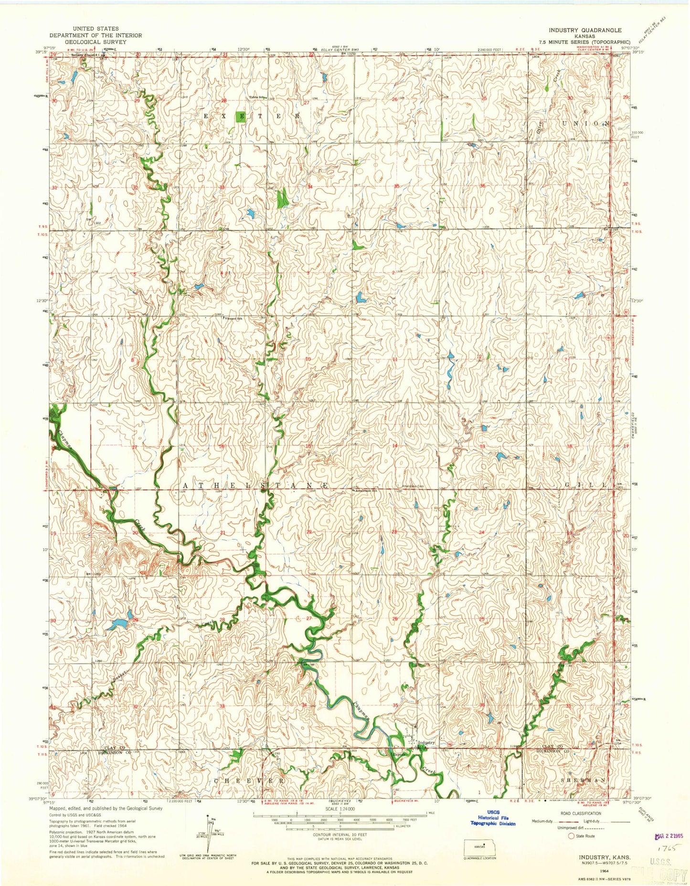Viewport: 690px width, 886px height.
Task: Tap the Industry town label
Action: coord(426,743)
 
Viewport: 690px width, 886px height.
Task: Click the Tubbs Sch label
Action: coord(256,97)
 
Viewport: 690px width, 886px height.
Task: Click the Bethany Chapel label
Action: coord(82,55)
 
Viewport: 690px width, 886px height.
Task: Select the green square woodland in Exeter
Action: coord(241,118)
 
